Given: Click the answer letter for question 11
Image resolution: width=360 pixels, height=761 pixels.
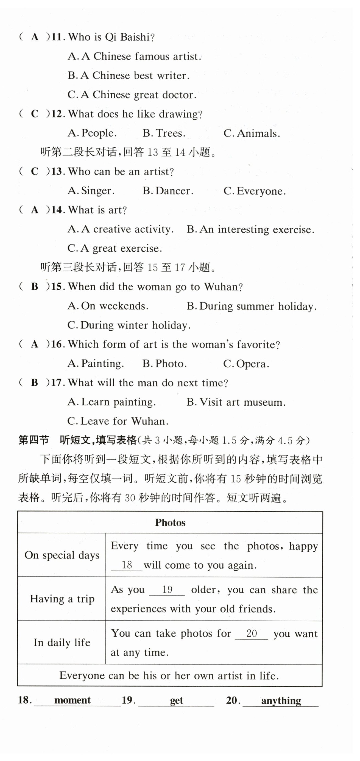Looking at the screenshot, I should tap(35, 37).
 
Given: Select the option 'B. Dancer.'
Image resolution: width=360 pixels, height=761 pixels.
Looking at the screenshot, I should tap(168, 191).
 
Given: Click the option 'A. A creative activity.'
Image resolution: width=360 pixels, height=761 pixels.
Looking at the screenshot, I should tap(121, 229).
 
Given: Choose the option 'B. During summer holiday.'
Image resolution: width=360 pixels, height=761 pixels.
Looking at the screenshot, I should tap(251, 306).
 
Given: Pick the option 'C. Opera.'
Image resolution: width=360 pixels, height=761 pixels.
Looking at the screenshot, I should tap(246, 364).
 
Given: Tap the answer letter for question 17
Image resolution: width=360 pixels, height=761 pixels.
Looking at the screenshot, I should tap(35, 383).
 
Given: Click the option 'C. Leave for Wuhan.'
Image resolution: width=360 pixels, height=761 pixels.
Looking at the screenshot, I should tap(118, 421).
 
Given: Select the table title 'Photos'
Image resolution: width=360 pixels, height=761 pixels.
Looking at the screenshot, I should tap(170, 522).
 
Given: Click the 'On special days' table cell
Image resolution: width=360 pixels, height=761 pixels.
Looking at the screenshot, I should tap(62, 555).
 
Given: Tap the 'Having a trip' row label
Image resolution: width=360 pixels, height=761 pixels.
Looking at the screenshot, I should tap(62, 599).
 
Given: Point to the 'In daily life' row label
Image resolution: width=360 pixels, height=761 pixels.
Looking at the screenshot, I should tap(62, 642).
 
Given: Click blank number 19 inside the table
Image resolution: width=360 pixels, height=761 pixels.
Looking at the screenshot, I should tap(167, 590).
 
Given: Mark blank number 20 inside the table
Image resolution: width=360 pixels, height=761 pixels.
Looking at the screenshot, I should tap(252, 633).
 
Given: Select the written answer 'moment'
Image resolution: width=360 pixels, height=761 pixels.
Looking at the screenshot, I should tap(72, 700).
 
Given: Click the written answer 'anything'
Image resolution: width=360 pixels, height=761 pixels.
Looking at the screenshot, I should tap(281, 700).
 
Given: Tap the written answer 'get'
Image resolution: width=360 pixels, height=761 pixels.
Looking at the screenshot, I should tap(177, 700).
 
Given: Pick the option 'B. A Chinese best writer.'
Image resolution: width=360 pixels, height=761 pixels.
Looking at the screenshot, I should tap(128, 76).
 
